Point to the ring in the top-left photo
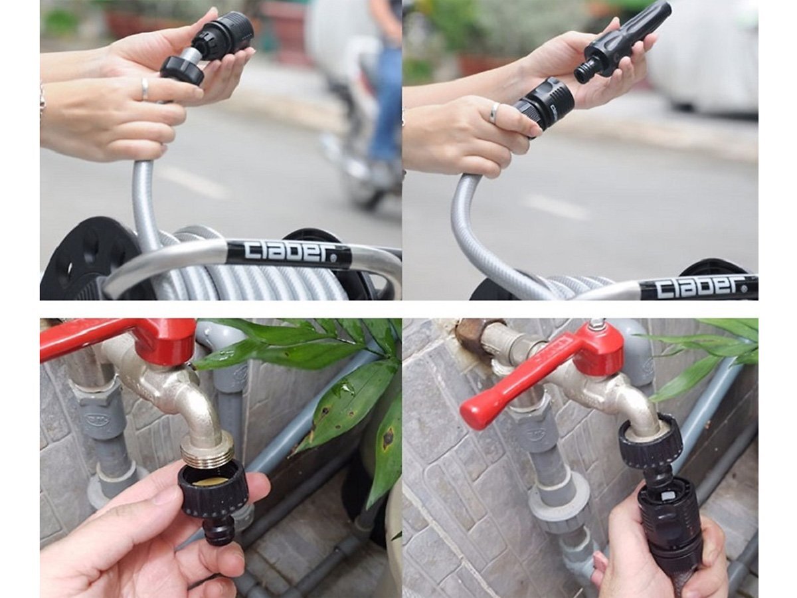145,89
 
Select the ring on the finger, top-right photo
494,113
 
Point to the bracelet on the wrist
43,100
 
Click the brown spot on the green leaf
387,438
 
